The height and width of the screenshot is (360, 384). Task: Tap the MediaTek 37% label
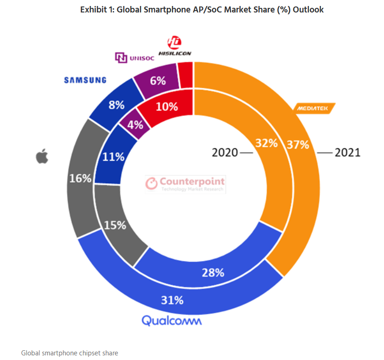tap(297, 144)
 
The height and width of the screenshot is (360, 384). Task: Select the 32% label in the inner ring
tap(266, 143)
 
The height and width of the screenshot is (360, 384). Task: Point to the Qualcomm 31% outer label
tap(172, 300)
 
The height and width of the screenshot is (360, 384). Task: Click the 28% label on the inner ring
tap(213, 272)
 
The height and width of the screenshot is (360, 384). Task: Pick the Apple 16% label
tap(80, 178)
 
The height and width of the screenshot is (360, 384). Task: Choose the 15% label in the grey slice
tap(115, 225)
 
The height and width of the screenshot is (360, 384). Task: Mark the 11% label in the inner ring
tap(113, 157)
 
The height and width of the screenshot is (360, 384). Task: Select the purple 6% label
tap(158, 80)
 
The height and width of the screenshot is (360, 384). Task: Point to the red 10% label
tap(167, 107)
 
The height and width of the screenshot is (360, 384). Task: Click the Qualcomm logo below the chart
tap(172, 320)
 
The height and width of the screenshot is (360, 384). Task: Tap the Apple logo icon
tap(42, 157)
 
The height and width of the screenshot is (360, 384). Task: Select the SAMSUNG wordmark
tap(85, 80)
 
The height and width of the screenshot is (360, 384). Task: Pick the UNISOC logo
tap(134, 57)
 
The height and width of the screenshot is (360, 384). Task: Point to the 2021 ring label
tap(347, 152)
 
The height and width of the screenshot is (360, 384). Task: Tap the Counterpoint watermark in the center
tap(185, 183)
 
